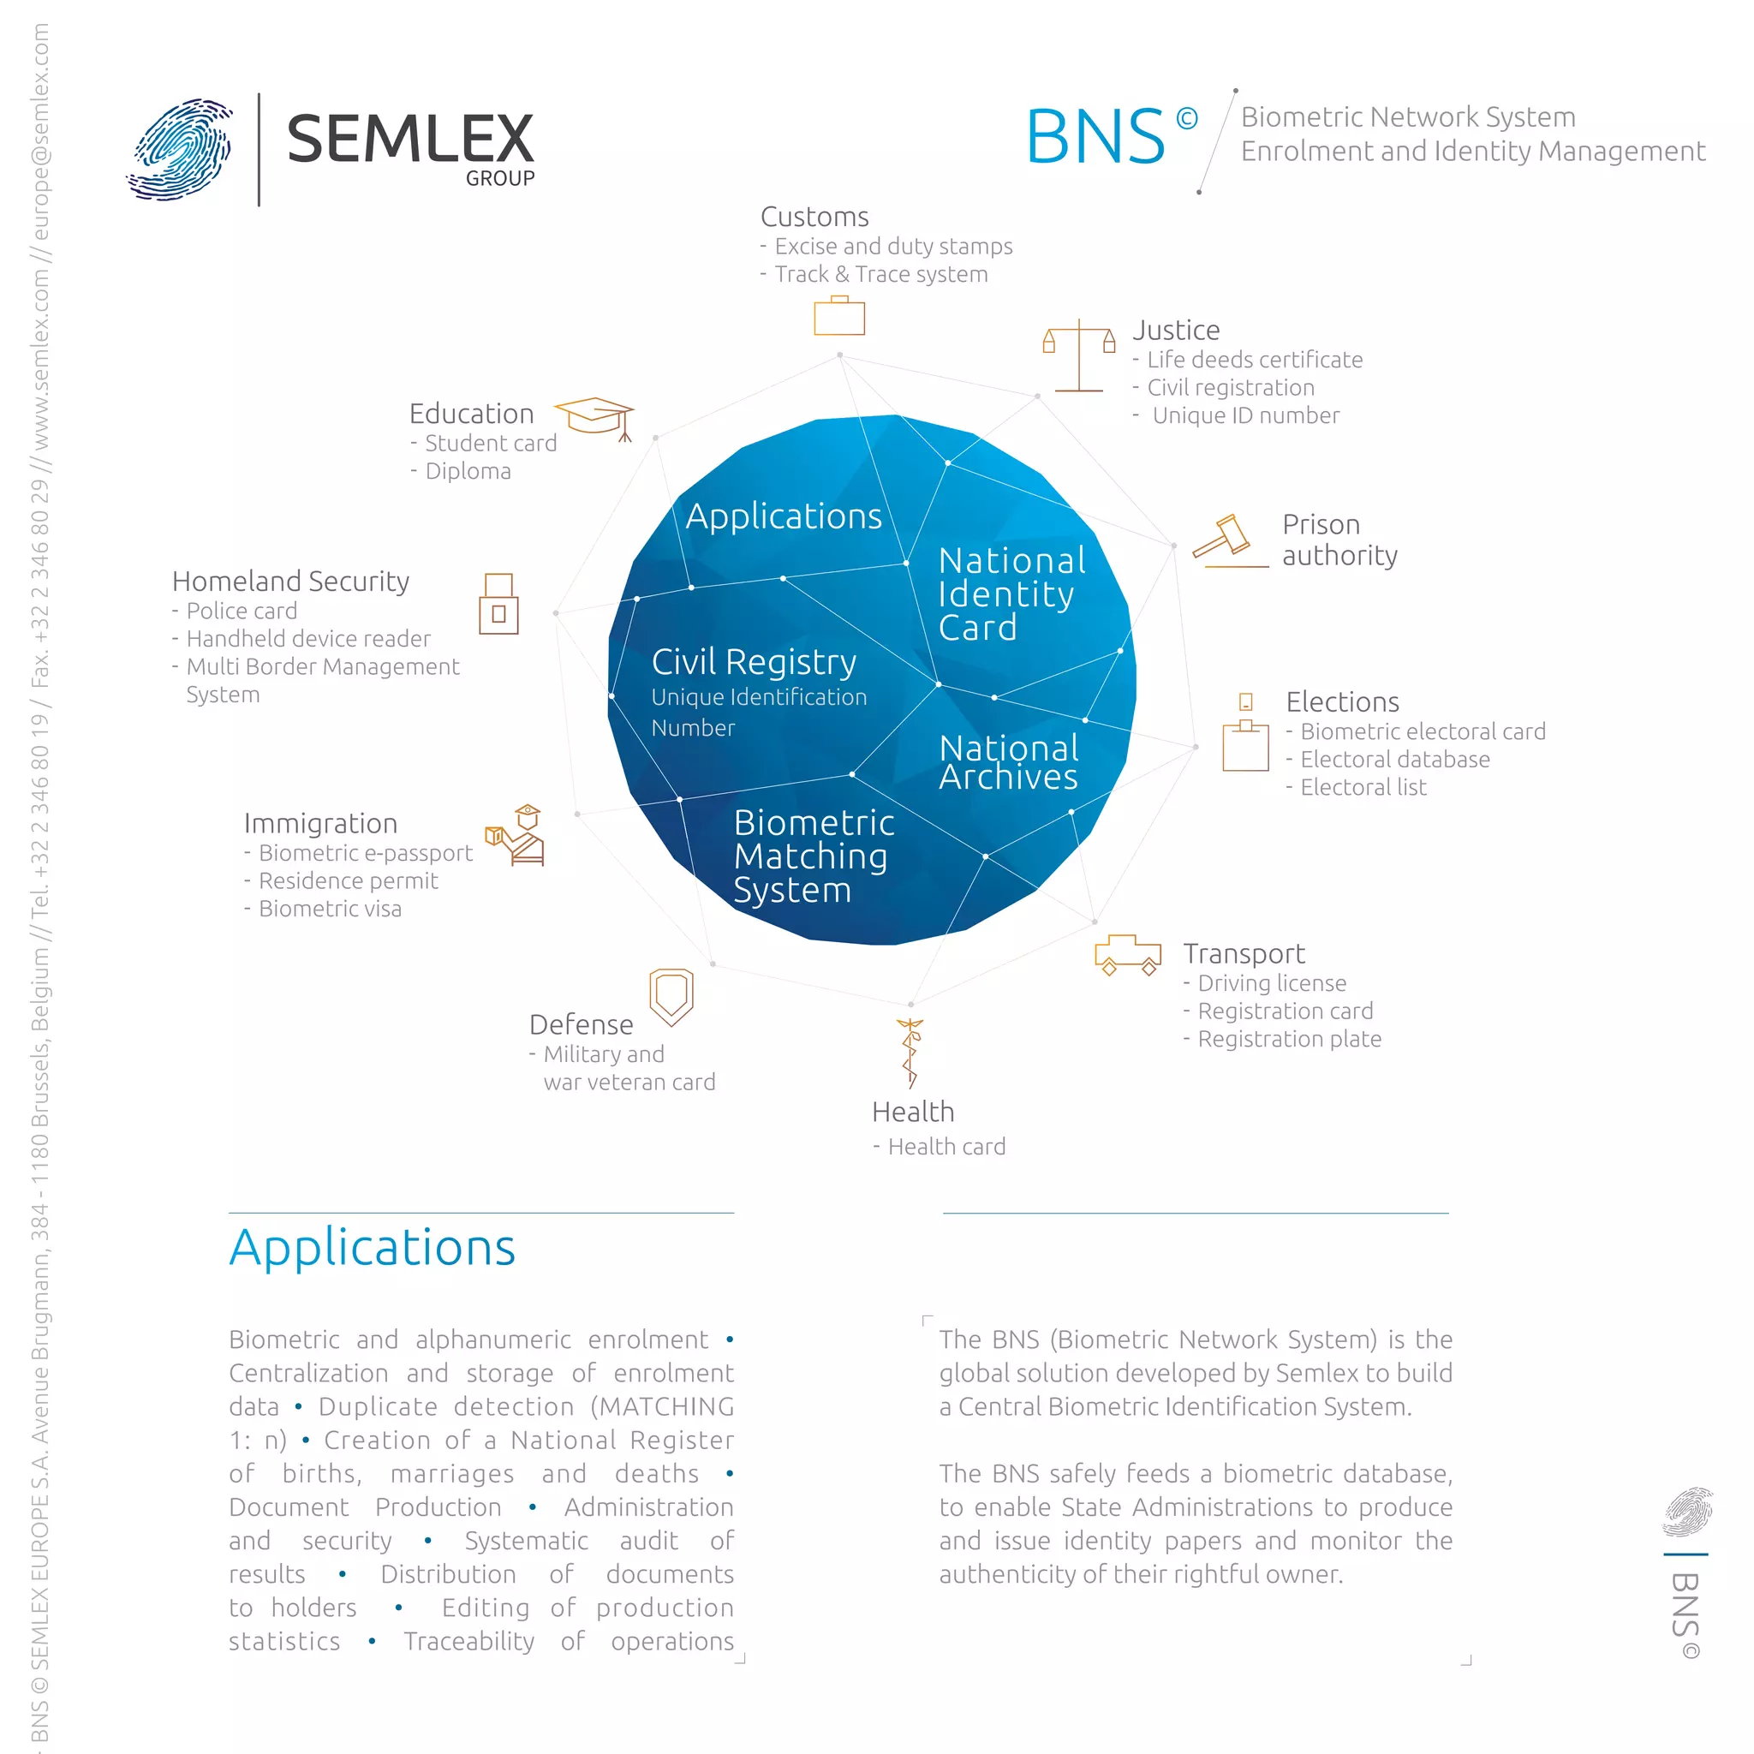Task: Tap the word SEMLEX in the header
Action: pyautogui.click(x=410, y=139)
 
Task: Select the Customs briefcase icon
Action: pyautogui.click(x=838, y=316)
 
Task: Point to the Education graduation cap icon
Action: pyautogui.click(x=594, y=417)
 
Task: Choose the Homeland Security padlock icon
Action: pyautogui.click(x=498, y=604)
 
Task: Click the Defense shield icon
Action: pyautogui.click(x=671, y=996)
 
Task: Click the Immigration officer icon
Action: pyautogui.click(x=516, y=834)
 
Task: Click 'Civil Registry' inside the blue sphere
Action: pyautogui.click(x=754, y=662)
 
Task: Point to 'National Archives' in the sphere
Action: pyautogui.click(x=1009, y=762)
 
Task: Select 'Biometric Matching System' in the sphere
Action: pyautogui.click(x=812, y=856)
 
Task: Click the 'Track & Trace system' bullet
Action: pyautogui.click(x=880, y=274)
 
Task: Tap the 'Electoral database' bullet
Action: pyautogui.click(x=1393, y=759)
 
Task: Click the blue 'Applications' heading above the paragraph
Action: pyautogui.click(x=373, y=1247)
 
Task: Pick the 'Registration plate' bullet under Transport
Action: pyautogui.click(x=1288, y=1039)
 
